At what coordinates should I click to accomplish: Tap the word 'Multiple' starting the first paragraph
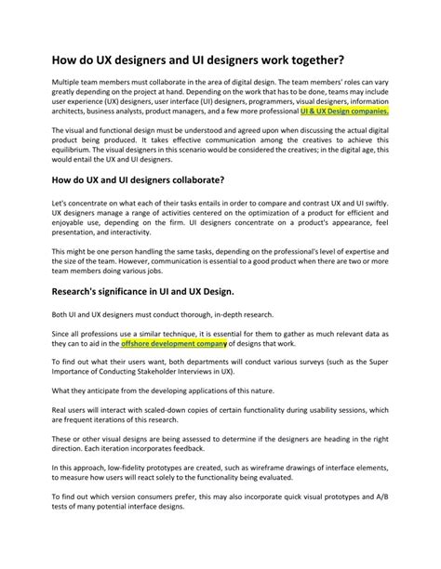coord(67,82)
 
